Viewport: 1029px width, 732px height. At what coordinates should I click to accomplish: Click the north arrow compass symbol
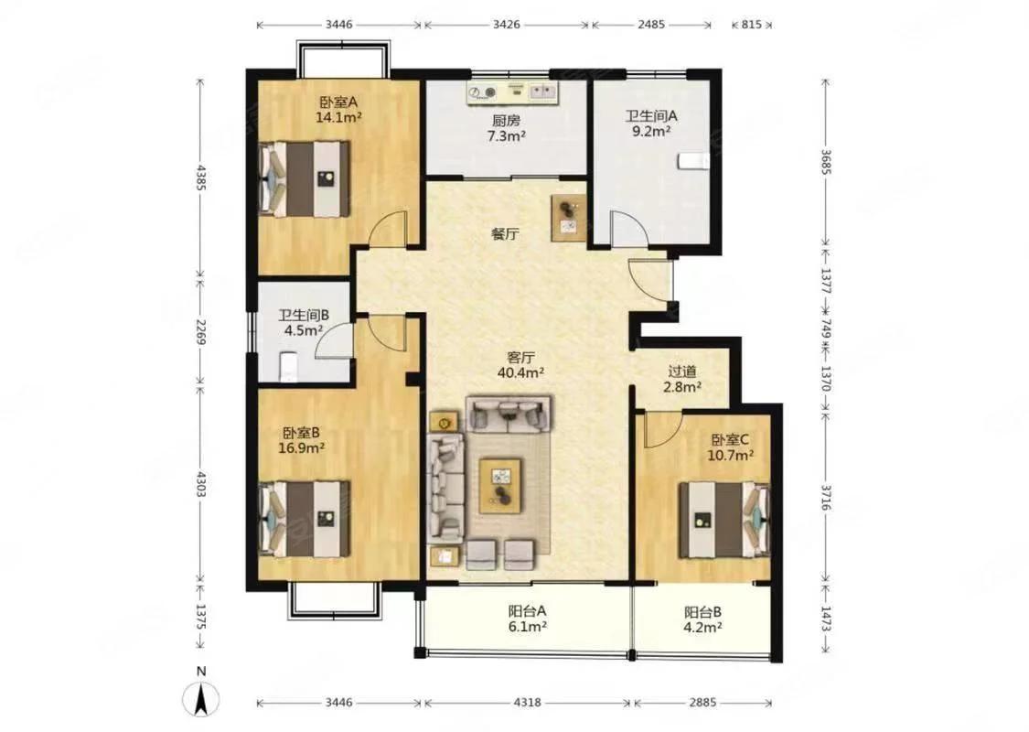201,698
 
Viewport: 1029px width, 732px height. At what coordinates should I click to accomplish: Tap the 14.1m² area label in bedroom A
339,117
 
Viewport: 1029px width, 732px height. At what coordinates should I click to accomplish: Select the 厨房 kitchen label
506,121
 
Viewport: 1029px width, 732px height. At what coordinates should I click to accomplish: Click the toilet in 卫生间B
289,366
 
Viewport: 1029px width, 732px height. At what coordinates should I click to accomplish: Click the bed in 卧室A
305,178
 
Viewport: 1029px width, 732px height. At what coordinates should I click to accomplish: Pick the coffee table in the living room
500,485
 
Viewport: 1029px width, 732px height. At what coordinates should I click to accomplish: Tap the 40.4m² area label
521,373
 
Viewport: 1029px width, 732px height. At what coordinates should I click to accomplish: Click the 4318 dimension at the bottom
527,703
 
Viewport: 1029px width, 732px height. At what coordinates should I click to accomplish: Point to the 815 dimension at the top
752,25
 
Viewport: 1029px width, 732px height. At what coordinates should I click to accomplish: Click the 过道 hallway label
681,371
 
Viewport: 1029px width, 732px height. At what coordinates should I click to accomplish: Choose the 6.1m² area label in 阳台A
528,627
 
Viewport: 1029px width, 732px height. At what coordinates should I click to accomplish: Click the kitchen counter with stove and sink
512,93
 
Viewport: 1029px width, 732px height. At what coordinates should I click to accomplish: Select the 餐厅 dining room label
505,234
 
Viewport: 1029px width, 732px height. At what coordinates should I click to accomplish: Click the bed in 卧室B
305,518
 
